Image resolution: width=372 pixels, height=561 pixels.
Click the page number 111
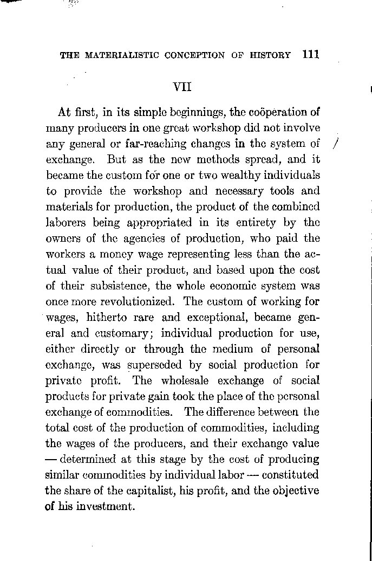pos(308,55)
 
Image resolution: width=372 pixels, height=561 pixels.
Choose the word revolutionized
pos(131,301)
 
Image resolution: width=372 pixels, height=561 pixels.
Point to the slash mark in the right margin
pos(336,144)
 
